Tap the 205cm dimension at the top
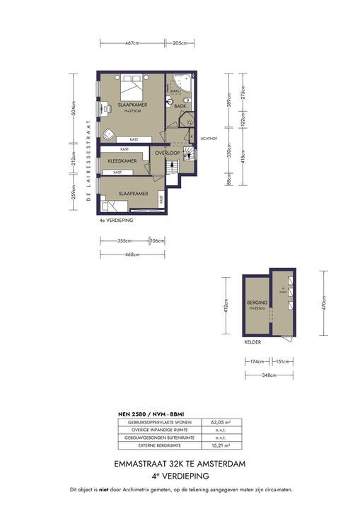(x=180, y=43)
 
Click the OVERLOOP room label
(x=168, y=153)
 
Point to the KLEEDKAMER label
(x=122, y=161)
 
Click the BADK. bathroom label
(x=180, y=107)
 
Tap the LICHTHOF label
(x=207, y=139)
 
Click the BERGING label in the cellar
(x=256, y=303)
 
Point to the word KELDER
(x=252, y=342)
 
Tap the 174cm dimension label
(x=257, y=361)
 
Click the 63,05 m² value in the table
(x=219, y=422)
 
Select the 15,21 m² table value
(x=219, y=446)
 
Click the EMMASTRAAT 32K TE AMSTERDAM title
(x=180, y=464)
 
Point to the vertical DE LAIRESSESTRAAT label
(x=89, y=161)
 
